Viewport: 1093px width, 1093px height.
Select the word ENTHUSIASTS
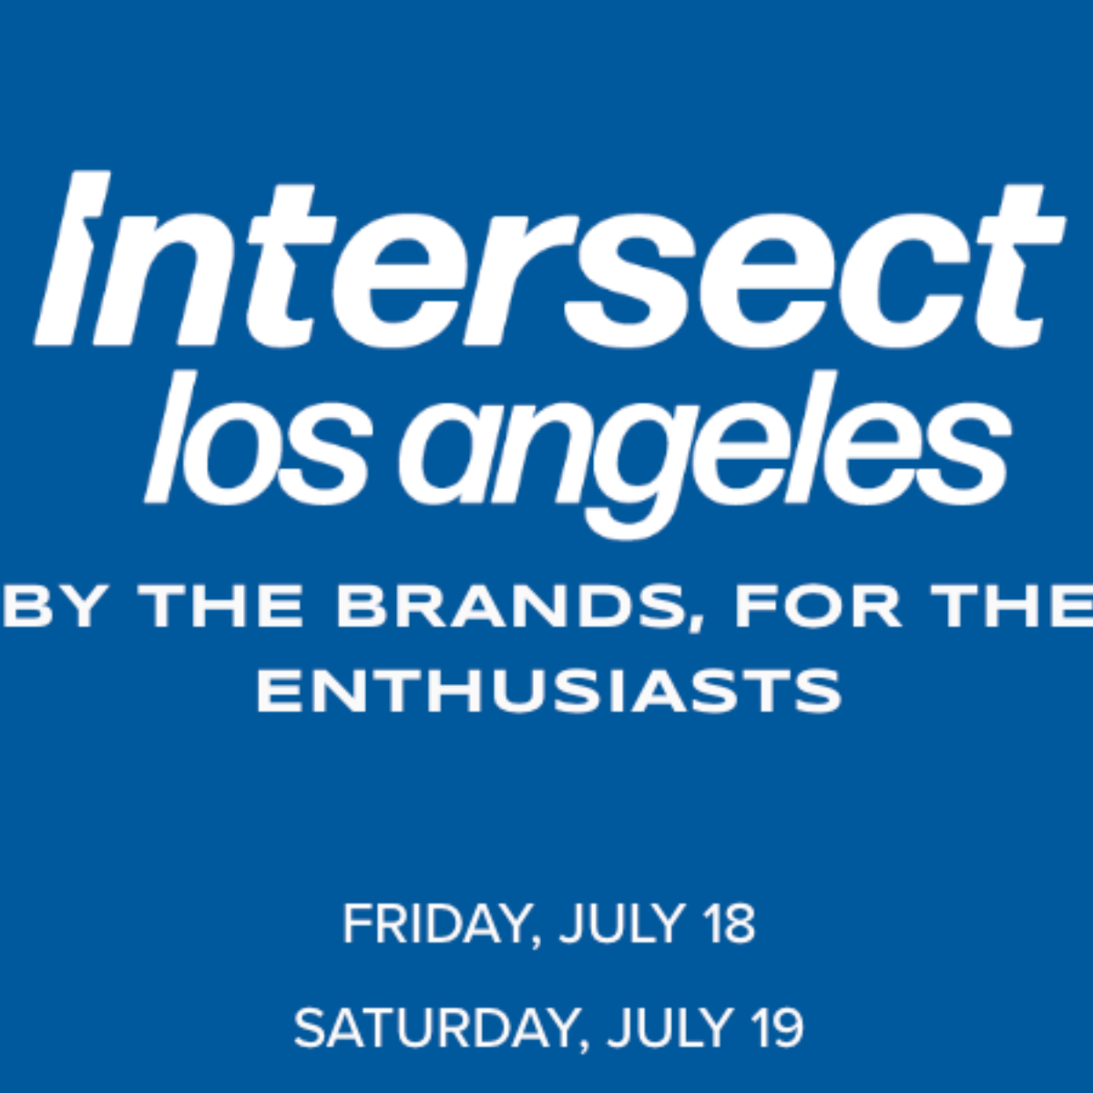pyautogui.click(x=549, y=690)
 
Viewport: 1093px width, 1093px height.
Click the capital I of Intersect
pyautogui.click(x=73, y=258)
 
